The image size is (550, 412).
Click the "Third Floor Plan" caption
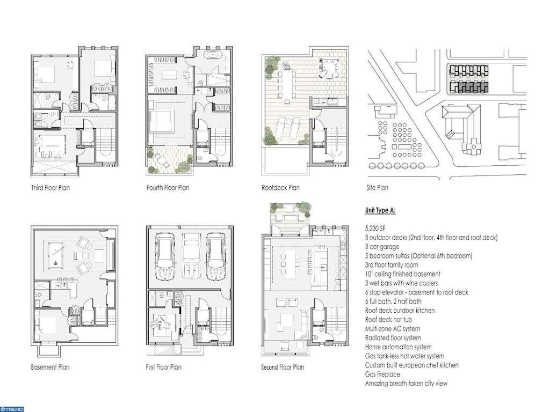pos(50,188)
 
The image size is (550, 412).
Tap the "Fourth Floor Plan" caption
pos(168,188)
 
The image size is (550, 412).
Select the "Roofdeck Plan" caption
pos(280,188)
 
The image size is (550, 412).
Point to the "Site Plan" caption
pos(377,188)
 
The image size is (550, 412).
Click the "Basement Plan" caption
pos(50,367)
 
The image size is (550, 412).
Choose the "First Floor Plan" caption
pos(163,367)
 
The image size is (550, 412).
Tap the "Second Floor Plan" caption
pos(283,367)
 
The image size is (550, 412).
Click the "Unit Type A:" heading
pos(380,210)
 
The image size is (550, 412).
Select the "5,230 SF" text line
pos(375,229)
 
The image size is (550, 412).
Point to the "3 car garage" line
pos(382,247)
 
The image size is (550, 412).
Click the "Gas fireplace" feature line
pos(382,374)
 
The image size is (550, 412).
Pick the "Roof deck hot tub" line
pos(388,320)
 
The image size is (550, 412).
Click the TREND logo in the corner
pos(12,409)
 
